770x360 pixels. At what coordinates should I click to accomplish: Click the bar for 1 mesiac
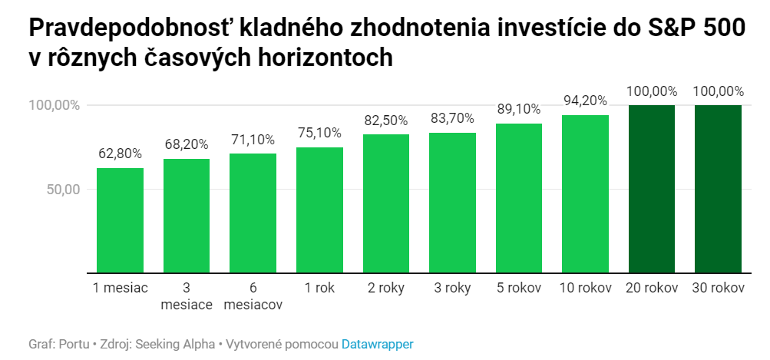(x=120, y=220)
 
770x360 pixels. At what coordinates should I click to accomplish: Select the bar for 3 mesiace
(x=187, y=216)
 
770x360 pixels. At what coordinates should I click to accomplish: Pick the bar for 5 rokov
(x=519, y=198)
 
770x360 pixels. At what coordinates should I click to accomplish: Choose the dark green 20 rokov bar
(x=652, y=189)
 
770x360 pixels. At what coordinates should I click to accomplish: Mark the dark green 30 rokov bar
(x=718, y=189)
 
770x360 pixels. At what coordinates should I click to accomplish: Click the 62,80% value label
(x=120, y=153)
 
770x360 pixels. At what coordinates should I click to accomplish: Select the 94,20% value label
(x=585, y=101)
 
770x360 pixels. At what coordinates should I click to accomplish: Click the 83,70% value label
(x=452, y=118)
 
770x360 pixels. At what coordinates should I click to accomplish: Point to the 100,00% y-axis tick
(x=55, y=105)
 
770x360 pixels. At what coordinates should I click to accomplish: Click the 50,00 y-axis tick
(x=62, y=190)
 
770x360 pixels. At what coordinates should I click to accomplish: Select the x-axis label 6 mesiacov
(x=253, y=296)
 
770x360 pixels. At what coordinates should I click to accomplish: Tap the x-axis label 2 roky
(x=385, y=289)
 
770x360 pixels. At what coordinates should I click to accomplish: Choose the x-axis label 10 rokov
(x=585, y=289)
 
